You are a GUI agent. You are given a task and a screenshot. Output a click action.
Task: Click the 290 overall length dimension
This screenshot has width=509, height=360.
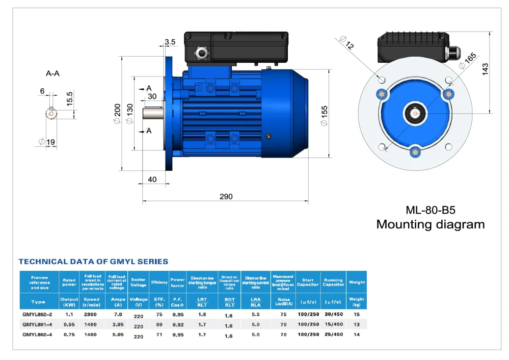click(x=226, y=196)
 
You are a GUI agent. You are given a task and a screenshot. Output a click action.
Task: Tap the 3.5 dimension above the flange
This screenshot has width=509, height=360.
click(x=170, y=42)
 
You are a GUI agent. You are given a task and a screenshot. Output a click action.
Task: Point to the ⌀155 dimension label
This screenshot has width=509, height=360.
click(x=325, y=115)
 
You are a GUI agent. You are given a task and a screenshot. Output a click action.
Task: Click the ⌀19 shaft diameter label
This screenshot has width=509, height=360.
click(x=47, y=142)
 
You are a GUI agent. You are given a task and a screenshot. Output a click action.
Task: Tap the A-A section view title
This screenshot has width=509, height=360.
click(x=52, y=73)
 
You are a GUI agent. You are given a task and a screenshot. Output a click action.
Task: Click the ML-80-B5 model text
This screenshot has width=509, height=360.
click(x=430, y=210)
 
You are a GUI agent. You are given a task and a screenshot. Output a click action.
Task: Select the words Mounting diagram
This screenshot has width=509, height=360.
click(x=430, y=224)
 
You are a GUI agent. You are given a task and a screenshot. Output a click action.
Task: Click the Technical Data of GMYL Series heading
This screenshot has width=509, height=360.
click(x=93, y=262)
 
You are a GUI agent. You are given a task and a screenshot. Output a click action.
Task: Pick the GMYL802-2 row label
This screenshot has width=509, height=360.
click(x=38, y=315)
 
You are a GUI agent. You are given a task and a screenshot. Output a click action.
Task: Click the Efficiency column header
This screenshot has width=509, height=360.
click(x=156, y=282)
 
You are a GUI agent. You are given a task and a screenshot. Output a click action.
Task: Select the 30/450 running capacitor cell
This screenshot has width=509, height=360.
click(x=333, y=315)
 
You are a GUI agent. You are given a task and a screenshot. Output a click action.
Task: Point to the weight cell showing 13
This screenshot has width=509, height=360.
click(x=356, y=325)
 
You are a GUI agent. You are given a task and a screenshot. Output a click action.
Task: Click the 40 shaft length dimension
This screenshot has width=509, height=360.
click(x=152, y=179)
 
